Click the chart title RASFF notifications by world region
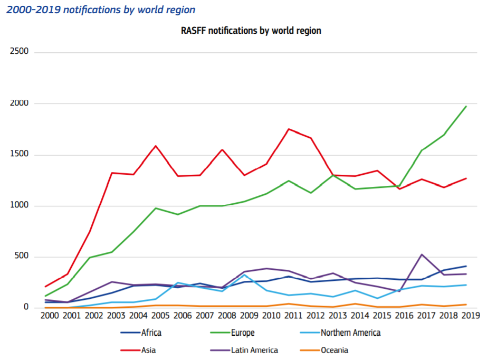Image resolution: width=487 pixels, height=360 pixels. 251,31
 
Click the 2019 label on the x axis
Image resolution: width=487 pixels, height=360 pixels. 470,316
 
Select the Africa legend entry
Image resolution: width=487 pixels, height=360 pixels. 150,333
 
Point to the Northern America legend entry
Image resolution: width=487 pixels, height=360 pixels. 350,333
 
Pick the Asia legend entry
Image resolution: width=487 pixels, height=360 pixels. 148,350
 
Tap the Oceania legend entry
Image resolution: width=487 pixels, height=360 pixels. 334,350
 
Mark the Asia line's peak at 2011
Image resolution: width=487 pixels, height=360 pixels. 289,129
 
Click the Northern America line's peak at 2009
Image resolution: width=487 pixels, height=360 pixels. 244,275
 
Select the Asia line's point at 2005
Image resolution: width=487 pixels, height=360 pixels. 156,146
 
